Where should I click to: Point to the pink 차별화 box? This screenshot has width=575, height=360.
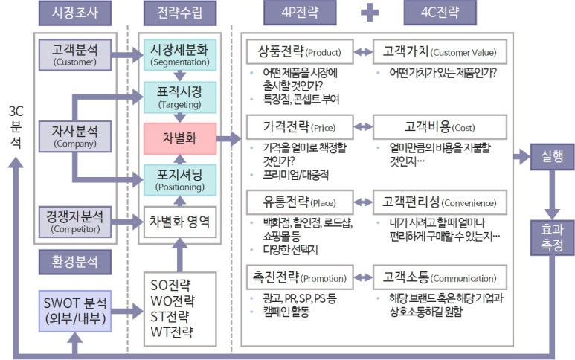tap(182, 138)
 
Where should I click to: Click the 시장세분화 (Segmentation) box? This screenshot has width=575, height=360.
tap(182, 54)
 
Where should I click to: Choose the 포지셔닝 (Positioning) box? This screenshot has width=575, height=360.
tap(182, 179)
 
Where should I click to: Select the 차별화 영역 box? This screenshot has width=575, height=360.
tap(181, 221)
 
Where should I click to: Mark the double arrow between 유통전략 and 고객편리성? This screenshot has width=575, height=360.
tap(362, 202)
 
